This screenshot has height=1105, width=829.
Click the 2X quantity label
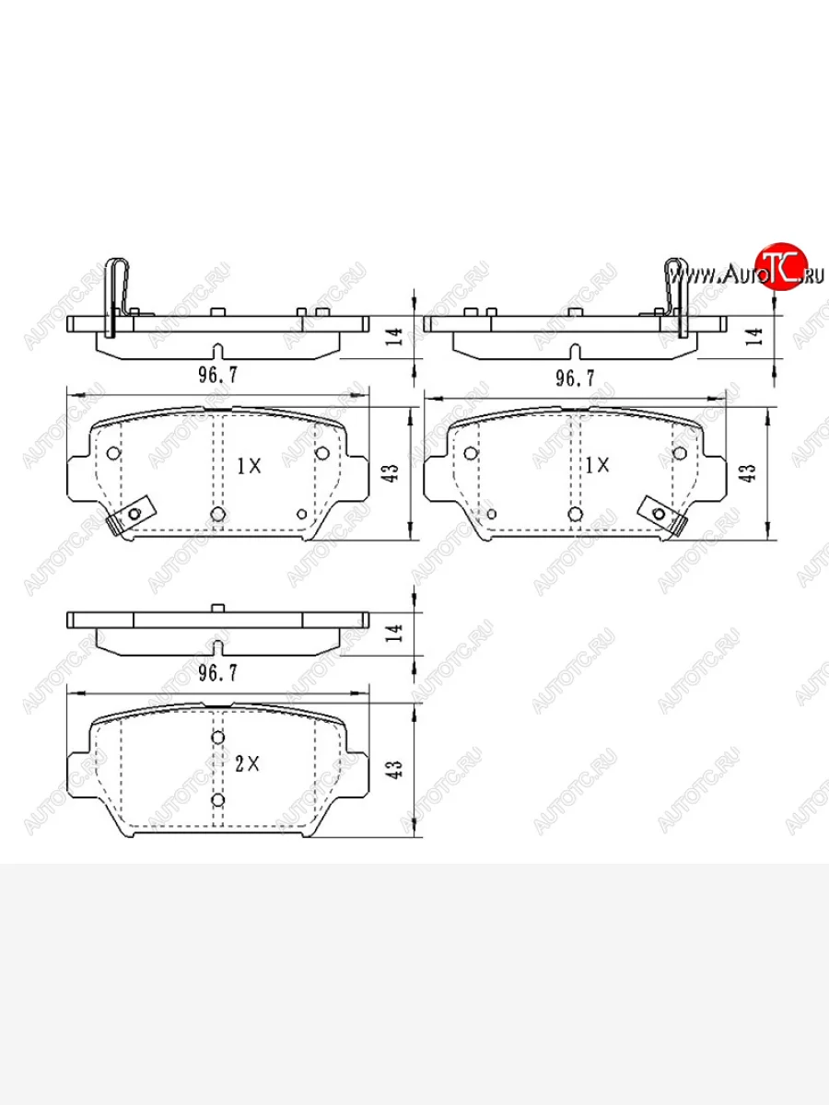point(247,764)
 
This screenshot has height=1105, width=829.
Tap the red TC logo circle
point(781,265)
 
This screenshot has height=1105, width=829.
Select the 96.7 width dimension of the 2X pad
point(217,673)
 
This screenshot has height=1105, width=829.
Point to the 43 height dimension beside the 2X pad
point(396,769)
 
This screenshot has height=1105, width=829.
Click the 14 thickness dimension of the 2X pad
point(396,633)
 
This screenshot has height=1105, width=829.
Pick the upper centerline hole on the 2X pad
point(217,737)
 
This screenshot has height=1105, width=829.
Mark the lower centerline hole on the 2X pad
point(217,800)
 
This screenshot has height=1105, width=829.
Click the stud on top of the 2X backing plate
point(217,608)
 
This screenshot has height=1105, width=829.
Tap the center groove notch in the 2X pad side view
point(217,647)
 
